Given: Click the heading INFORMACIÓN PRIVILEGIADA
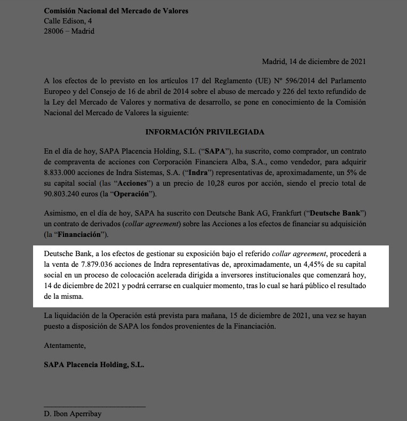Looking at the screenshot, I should pos(204,132).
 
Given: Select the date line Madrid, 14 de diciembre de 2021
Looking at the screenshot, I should pos(314,61).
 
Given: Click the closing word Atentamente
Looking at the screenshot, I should pos(65,345).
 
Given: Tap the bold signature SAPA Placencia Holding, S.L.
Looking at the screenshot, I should pos(94,365).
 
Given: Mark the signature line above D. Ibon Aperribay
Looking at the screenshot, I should pos(94,407).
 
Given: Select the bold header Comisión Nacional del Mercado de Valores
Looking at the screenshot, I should pos(116,11).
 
